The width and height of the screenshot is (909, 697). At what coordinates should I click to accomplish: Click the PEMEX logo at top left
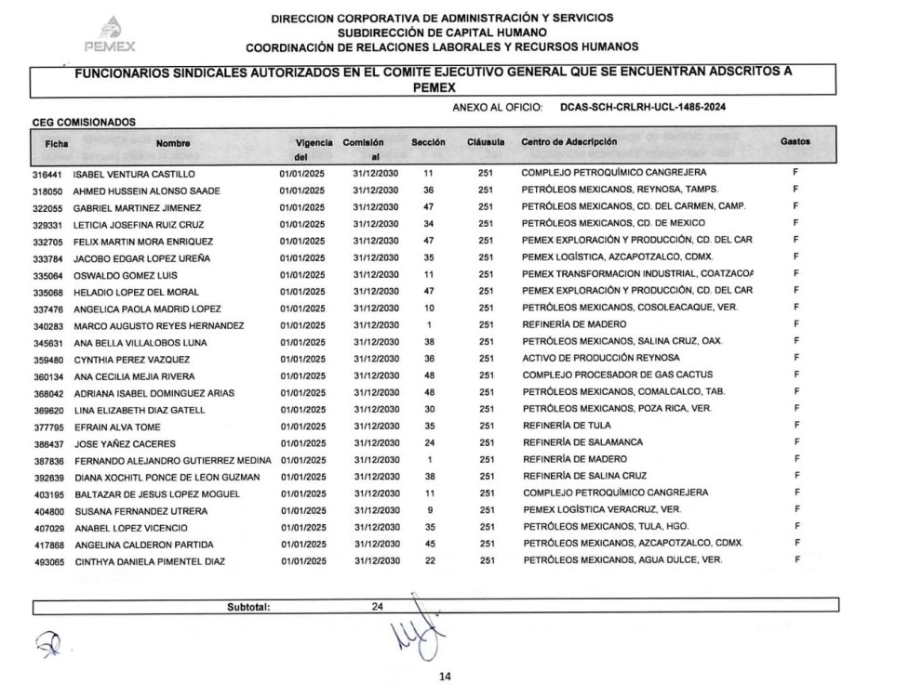(x=110, y=34)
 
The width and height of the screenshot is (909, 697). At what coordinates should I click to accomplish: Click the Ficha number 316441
(x=47, y=174)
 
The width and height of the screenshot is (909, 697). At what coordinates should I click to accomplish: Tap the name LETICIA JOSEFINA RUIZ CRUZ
(x=139, y=225)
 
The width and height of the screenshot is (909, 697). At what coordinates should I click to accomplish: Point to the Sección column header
(x=428, y=143)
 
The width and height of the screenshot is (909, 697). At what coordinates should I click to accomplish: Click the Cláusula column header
(x=486, y=143)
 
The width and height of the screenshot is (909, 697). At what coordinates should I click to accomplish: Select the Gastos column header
(x=795, y=142)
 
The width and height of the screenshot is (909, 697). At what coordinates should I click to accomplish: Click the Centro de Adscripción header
(x=568, y=142)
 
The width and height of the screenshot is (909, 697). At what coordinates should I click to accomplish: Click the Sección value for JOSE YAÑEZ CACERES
(x=429, y=443)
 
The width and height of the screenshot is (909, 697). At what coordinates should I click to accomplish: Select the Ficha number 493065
(x=47, y=561)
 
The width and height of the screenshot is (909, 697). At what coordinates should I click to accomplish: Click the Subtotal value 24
(x=378, y=607)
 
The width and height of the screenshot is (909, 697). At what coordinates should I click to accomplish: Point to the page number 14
(x=445, y=677)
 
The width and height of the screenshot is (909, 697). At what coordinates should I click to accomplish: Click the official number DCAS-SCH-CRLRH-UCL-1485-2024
(x=643, y=108)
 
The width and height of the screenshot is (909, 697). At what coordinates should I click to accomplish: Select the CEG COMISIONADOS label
(x=84, y=122)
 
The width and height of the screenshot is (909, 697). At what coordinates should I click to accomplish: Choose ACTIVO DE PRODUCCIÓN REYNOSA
(x=600, y=359)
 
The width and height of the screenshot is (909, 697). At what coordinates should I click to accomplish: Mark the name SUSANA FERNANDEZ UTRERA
(x=140, y=511)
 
